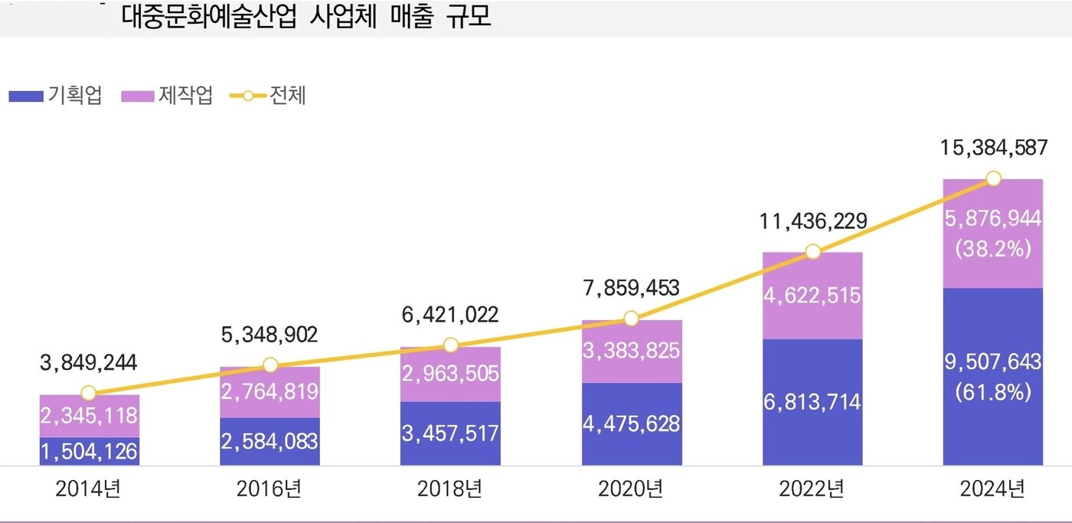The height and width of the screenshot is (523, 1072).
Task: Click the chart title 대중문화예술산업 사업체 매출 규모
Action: (306, 18)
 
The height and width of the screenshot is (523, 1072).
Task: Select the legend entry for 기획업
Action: (55, 96)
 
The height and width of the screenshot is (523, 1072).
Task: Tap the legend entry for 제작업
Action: (166, 96)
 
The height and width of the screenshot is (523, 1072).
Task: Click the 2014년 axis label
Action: (88, 489)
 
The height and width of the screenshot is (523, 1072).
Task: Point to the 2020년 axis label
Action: (631, 489)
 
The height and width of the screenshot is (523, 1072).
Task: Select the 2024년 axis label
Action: (993, 489)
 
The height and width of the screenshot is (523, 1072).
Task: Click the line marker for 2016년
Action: (270, 365)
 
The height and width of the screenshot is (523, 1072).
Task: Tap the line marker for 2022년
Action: (812, 252)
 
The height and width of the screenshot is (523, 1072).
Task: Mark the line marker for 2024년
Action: (993, 178)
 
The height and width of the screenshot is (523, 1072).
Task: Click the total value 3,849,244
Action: (88, 362)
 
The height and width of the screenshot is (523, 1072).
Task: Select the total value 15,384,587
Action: (993, 148)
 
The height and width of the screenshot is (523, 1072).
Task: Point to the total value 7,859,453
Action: (631, 288)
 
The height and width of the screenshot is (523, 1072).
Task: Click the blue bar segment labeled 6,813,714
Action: (812, 402)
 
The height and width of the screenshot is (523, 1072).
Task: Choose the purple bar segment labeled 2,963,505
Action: (450, 374)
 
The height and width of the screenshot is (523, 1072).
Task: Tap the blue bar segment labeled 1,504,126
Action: (89, 452)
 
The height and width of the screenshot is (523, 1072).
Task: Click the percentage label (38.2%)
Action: (993, 250)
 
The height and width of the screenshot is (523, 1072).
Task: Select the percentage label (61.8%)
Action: (993, 393)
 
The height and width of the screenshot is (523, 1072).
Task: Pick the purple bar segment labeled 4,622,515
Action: (812, 296)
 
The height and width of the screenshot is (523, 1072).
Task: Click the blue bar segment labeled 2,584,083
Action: (270, 442)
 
